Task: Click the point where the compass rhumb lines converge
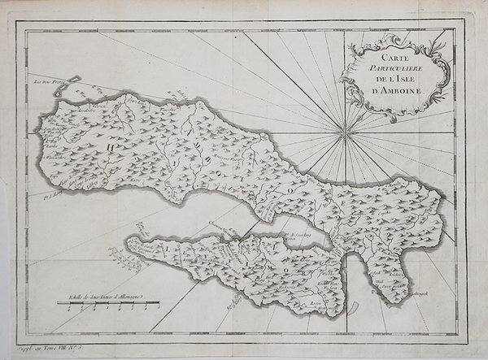tap(346, 128)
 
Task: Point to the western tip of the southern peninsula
tap(128, 241)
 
